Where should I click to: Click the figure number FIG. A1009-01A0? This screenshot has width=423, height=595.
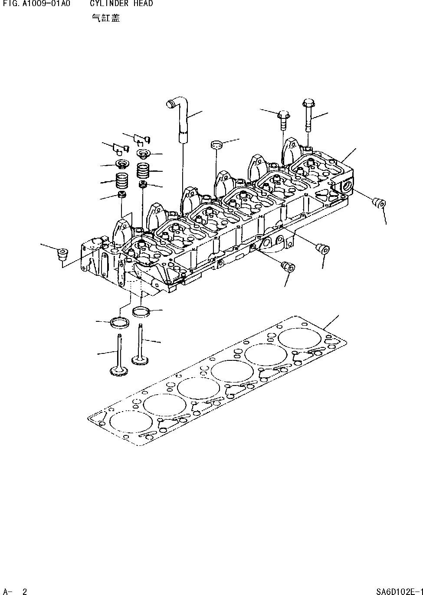click(x=36, y=4)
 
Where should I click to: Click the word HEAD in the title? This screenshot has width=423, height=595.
click(x=143, y=4)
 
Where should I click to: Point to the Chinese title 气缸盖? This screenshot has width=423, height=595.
click(x=106, y=18)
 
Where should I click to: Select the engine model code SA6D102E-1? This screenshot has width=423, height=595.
click(x=399, y=591)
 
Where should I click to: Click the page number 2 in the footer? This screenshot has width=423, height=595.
click(x=25, y=591)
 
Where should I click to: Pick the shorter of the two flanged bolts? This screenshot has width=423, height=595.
click(x=283, y=119)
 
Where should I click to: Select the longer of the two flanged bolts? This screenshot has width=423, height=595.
click(x=308, y=115)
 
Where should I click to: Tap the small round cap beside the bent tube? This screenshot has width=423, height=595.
click(x=216, y=144)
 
